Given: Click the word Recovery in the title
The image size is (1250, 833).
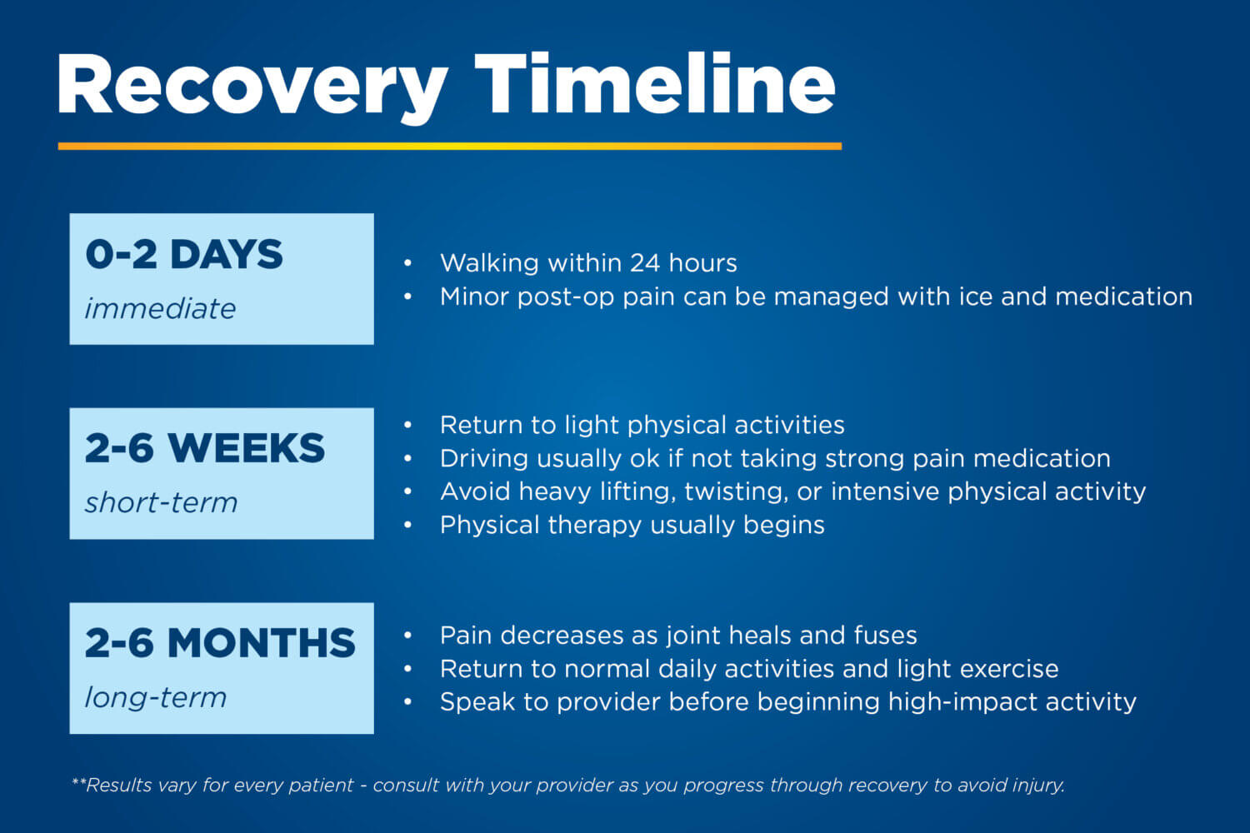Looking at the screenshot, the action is [252, 88].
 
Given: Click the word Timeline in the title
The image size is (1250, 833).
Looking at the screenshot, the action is [655, 83].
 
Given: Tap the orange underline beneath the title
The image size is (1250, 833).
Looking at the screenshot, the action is [450, 146].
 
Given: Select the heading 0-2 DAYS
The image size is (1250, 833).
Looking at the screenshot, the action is [184, 254].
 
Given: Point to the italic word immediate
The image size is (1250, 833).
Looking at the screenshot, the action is [161, 308].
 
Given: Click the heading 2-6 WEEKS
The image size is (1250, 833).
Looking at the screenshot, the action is [205, 448].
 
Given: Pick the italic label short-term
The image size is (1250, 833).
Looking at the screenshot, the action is [162, 502].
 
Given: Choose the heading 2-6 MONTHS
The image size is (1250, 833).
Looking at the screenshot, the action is [220, 643].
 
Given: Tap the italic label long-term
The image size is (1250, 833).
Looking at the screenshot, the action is [156, 698].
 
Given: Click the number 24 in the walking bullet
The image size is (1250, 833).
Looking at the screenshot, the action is [645, 262].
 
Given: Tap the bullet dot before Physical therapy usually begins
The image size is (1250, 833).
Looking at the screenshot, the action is [408, 525].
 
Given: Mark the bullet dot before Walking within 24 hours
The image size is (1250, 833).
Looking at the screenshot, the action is [408, 262].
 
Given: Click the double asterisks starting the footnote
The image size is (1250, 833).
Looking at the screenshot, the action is [78, 782].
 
